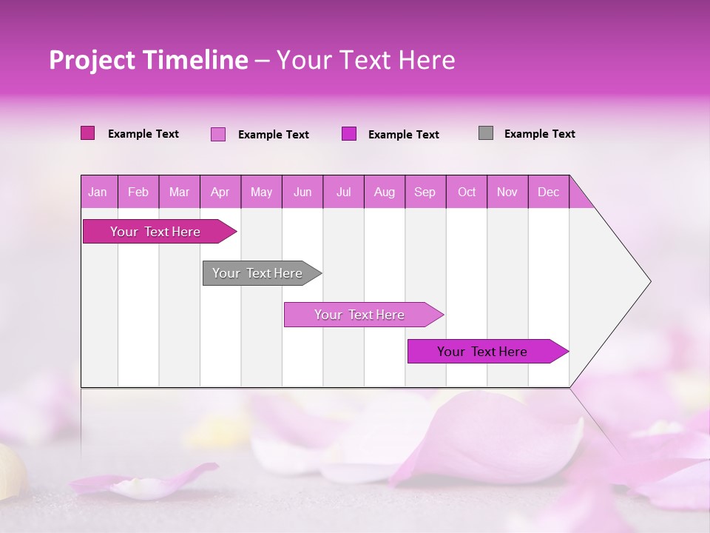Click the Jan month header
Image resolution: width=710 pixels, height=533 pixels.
coord(98,192)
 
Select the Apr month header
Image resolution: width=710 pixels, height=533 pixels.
coord(220,192)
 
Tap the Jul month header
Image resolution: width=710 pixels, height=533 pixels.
coord(343,192)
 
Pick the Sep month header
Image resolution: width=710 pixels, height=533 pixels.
coord(425,192)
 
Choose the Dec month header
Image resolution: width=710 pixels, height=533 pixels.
coord(548,192)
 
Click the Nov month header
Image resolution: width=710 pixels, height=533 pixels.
coord(507,192)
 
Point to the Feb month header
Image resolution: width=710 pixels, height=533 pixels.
coord(138,192)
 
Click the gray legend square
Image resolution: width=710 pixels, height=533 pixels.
coord(486,133)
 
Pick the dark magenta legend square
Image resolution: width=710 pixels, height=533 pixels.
coord(88,133)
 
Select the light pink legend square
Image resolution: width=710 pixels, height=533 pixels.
coord(217,134)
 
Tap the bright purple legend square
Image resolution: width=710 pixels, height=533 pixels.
coord(349,133)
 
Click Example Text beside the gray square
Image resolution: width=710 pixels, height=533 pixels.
coord(539,134)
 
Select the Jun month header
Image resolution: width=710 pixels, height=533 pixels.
coord(302,192)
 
